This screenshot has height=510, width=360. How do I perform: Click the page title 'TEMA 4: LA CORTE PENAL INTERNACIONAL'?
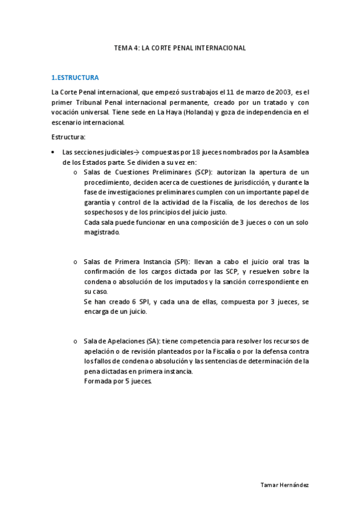[x=180, y=48]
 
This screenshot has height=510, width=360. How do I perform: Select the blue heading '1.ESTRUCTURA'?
[x=75, y=78]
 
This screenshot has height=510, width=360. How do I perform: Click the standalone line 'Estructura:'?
[x=68, y=137]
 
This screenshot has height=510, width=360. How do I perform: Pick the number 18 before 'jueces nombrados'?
[x=196, y=152]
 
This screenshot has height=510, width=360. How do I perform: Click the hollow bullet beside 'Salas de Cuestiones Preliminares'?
[x=75, y=173]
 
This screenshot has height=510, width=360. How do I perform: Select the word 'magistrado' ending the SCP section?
[x=102, y=232]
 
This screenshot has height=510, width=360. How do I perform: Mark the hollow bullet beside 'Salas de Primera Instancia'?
[x=75, y=262]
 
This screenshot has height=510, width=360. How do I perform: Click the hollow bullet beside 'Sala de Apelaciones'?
[x=75, y=342]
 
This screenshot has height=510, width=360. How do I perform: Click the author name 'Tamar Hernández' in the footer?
[x=285, y=484]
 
